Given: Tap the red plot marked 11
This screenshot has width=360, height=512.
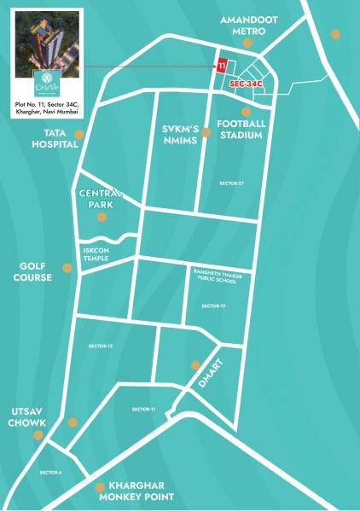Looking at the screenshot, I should [222, 66].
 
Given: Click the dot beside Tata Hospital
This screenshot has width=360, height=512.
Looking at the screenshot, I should [78, 135].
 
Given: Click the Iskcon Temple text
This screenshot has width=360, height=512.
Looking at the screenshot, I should [96, 253].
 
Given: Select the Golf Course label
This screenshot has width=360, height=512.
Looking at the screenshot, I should [32, 272].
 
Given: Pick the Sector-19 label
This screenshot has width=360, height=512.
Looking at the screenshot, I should [213, 305].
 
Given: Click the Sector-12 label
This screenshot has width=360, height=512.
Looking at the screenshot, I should [101, 346].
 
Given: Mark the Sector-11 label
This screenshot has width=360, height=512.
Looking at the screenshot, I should [143, 410].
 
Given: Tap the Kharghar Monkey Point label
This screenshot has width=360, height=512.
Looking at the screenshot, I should [136, 491].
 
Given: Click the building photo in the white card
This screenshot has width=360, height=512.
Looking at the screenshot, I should [48, 49].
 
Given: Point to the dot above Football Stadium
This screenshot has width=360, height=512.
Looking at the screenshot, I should [246, 112].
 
